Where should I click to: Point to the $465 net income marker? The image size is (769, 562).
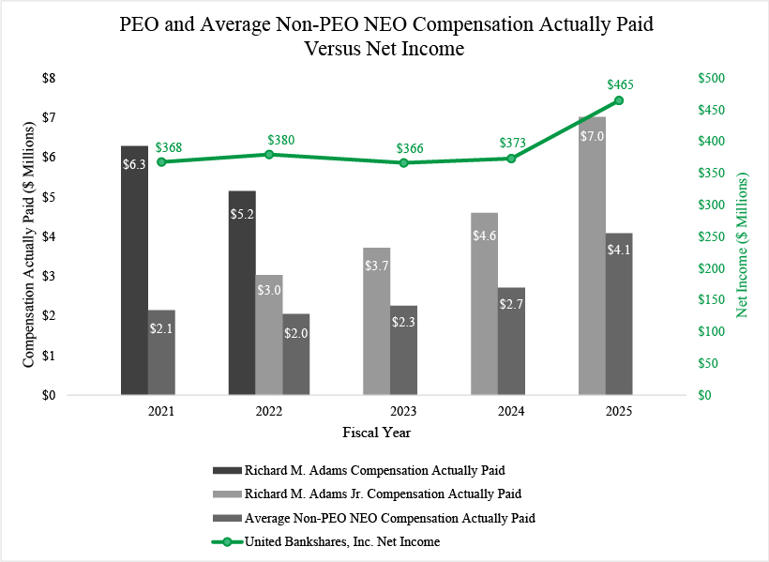[619, 100]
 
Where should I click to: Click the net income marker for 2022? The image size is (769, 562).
[269, 154]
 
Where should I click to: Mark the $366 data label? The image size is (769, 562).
[403, 147]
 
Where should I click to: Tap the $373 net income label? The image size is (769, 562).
[511, 143]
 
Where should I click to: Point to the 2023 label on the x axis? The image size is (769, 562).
[403, 411]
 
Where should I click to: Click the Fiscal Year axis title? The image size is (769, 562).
[375, 433]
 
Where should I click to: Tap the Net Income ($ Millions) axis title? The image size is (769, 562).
[744, 244]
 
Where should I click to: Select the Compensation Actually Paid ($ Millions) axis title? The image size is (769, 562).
[29, 236]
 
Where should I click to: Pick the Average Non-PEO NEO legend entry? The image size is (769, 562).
[390, 517]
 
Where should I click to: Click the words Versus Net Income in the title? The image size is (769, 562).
[384, 49]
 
